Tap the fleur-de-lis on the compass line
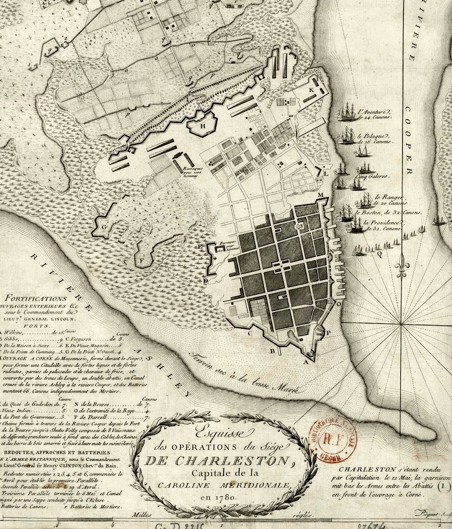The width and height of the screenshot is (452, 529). [x=402, y=265]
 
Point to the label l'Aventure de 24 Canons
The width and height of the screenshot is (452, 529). [x=374, y=114]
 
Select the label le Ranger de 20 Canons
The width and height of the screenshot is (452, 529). [x=391, y=200]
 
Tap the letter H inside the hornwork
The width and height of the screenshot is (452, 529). [x=203, y=125]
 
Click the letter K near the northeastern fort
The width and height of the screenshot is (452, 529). [x=311, y=91]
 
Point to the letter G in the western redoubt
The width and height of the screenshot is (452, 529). [x=104, y=227]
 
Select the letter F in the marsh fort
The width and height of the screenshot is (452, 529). [x=143, y=260]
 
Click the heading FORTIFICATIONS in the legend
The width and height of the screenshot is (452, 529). [x=34, y=298]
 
